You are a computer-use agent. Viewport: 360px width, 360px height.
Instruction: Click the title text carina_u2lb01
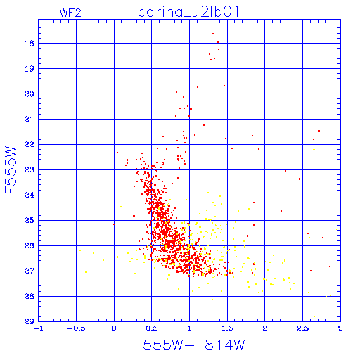click(x=188, y=12)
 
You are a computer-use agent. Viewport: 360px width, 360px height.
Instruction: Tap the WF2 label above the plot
click(x=70, y=13)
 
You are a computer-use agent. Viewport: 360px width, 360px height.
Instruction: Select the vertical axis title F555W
click(x=11, y=170)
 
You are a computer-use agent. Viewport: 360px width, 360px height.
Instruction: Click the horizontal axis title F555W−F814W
click(x=190, y=345)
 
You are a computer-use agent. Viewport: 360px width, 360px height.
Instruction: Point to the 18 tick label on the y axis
click(x=30, y=44)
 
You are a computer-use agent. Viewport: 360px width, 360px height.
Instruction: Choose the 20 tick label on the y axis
click(x=30, y=94)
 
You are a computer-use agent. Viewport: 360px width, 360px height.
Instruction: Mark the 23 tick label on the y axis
click(x=30, y=170)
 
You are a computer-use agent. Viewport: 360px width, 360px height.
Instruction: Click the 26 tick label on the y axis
click(x=30, y=246)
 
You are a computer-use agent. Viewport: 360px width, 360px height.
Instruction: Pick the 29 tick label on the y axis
click(x=30, y=321)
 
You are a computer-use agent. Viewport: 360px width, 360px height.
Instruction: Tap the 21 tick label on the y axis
click(x=30, y=120)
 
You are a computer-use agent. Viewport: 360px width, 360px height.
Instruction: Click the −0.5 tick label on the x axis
click(x=76, y=328)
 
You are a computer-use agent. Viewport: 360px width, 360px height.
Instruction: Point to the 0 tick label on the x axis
click(x=114, y=328)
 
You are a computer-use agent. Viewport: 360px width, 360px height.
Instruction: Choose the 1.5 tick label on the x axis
click(x=227, y=328)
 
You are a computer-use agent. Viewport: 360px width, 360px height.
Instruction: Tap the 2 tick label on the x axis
click(x=265, y=328)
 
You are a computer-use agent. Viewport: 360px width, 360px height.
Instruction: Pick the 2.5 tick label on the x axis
click(x=303, y=328)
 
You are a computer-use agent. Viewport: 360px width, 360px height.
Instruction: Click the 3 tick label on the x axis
click(x=340, y=328)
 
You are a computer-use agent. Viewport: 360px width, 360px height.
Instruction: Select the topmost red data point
click(x=213, y=34)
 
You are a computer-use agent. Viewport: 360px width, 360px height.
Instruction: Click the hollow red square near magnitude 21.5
click(x=319, y=131)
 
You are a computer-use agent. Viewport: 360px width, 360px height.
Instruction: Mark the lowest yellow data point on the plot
click(x=314, y=316)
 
